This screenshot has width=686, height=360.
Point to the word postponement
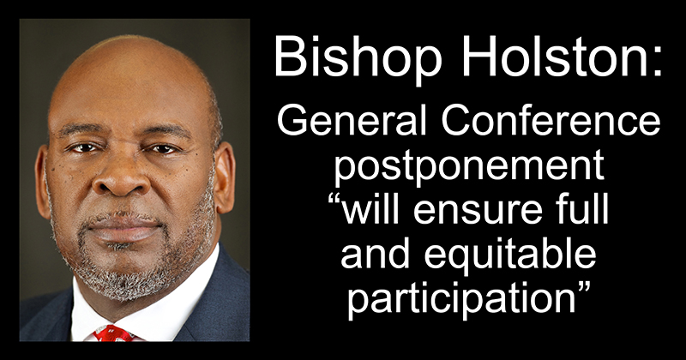pos(469,169)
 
